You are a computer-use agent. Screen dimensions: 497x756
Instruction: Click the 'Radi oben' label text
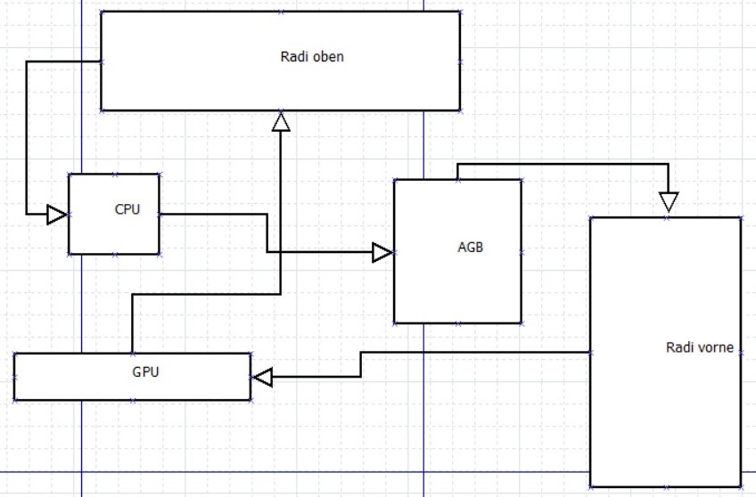pos(312,57)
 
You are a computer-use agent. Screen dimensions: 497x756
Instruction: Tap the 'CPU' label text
pos(127,210)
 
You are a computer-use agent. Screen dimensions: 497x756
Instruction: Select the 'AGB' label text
pos(470,248)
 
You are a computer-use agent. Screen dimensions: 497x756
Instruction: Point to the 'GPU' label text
pos(145,371)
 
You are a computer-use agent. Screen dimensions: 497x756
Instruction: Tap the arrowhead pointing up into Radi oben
pos(281,121)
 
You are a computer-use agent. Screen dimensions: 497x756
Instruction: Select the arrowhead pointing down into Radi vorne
pos(668,203)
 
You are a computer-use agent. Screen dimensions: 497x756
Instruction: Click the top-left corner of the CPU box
pos(69,175)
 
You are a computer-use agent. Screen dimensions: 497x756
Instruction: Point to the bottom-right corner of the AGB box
pos(522,322)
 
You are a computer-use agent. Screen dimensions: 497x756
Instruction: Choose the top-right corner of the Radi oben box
pos(460,12)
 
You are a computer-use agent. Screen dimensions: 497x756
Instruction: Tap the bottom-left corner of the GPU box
pos(14,400)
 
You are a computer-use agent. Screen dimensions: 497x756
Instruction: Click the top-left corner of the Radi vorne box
pos(590,216)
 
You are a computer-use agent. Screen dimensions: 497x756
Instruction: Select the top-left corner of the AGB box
pos(394,180)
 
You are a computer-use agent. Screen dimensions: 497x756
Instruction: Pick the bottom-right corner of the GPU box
pos(251,400)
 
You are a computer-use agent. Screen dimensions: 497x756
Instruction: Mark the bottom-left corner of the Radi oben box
pos(102,110)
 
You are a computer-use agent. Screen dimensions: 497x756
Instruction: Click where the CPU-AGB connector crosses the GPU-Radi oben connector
pos(281,253)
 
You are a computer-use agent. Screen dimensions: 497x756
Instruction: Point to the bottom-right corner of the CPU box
pos(160,254)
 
